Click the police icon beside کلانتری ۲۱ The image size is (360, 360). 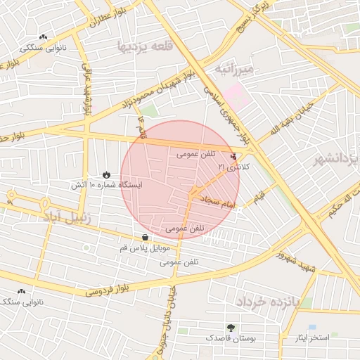pyautogui.click(x=233, y=156)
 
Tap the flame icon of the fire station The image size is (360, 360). pyautogui.click(x=105, y=174)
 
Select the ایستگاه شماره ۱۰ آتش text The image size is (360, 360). pyautogui.click(x=105, y=185)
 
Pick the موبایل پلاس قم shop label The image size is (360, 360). pyautogui.click(x=145, y=248)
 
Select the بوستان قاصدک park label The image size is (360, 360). pyautogui.click(x=231, y=338)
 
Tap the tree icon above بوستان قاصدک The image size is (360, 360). pyautogui.click(x=231, y=328)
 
